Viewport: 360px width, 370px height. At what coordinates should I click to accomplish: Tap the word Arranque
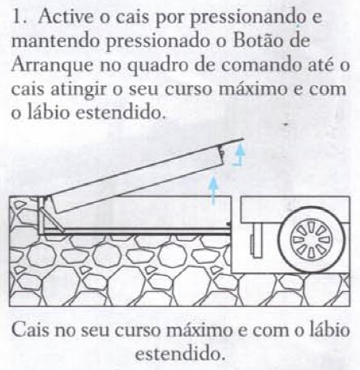click(x=51, y=66)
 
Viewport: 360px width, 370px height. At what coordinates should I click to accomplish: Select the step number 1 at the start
click(x=19, y=17)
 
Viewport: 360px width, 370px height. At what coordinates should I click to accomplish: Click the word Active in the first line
click(x=66, y=17)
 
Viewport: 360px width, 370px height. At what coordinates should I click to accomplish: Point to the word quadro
click(x=156, y=67)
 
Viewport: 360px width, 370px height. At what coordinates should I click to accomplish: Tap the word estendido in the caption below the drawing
click(x=180, y=353)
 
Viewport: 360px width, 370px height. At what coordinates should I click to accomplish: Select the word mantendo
click(x=56, y=41)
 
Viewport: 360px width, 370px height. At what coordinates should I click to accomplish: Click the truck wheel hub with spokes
click(x=311, y=240)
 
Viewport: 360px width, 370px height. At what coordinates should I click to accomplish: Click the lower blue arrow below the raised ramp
click(x=213, y=190)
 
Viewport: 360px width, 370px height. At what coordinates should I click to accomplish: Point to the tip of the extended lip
click(x=243, y=139)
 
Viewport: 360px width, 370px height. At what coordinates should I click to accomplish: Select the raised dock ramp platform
click(x=136, y=176)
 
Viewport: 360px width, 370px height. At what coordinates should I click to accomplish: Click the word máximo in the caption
click(x=199, y=329)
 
